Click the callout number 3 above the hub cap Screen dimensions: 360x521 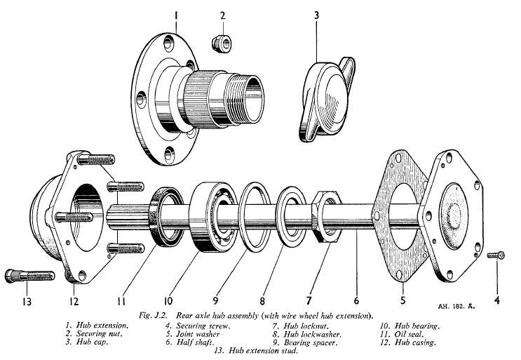(x=317, y=13)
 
